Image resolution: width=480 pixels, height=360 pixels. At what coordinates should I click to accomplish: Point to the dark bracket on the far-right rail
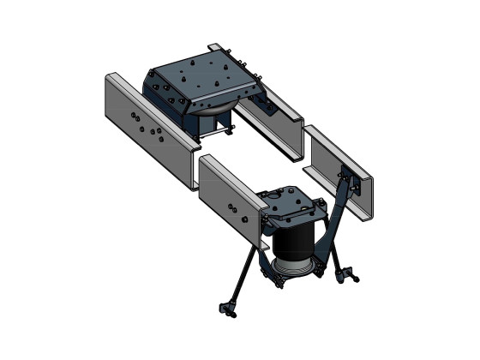pos(347,175)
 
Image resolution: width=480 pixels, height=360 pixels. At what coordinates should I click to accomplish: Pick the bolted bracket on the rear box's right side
pos(262,105)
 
